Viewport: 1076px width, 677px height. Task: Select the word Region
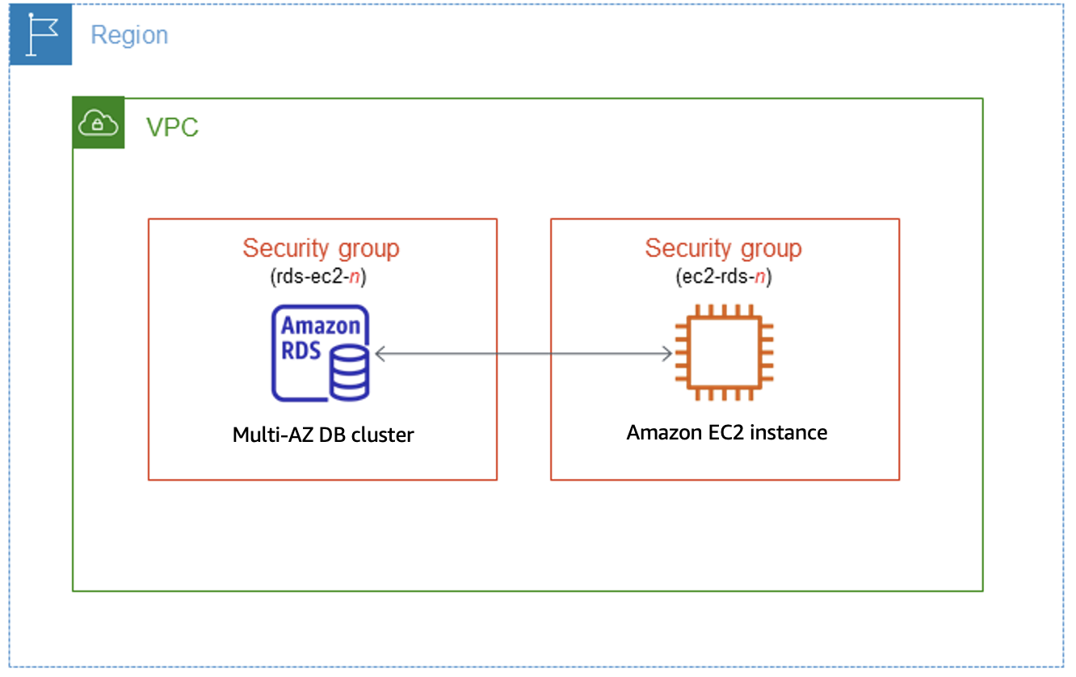point(129,36)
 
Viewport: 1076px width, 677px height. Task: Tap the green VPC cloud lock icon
point(99,123)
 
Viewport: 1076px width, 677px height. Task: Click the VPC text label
point(172,127)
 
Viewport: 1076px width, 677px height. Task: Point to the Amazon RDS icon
point(321,353)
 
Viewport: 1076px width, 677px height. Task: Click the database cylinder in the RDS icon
point(350,372)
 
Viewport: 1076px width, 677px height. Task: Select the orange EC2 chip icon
point(725,352)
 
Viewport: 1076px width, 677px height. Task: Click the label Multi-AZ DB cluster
point(323,435)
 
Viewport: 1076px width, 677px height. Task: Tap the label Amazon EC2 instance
point(726,432)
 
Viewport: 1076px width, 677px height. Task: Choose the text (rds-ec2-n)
point(321,277)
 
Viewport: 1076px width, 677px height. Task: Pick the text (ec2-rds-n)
point(723,277)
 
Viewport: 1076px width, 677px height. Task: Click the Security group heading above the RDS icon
point(321,248)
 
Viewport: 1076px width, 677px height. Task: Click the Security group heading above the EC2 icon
point(723,248)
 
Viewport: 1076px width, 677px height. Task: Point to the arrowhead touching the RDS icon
point(380,353)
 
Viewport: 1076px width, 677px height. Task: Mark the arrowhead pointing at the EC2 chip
point(666,353)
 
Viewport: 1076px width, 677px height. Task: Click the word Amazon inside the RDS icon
point(320,326)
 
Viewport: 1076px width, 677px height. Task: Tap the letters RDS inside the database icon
point(301,351)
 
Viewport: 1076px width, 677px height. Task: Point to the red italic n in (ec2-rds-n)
point(760,277)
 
